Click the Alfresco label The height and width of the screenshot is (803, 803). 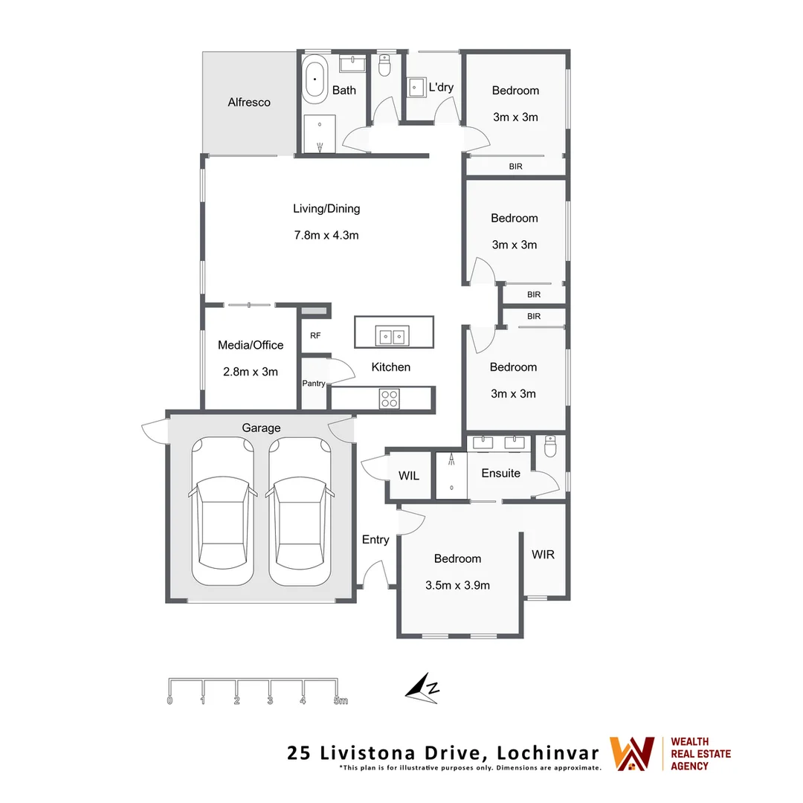coord(249,103)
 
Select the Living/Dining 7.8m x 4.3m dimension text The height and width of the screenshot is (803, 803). coord(326,236)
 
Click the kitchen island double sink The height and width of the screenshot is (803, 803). coord(392,337)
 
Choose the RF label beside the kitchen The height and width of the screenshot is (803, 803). coord(315,336)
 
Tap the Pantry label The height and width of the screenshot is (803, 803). coord(314,384)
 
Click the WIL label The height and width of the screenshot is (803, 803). coord(409,476)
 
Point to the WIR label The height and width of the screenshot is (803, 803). coord(543,555)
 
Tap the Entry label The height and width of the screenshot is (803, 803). coord(375,540)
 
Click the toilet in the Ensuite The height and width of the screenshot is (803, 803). coord(550,446)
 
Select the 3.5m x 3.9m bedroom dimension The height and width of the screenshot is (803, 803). coord(457,585)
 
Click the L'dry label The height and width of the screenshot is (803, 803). coord(441,87)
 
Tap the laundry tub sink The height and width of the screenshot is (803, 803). coord(416,88)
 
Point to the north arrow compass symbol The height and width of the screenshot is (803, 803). coord(423,687)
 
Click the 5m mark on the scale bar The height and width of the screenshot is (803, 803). coord(340,700)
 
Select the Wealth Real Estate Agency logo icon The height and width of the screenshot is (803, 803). coord(632,753)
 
